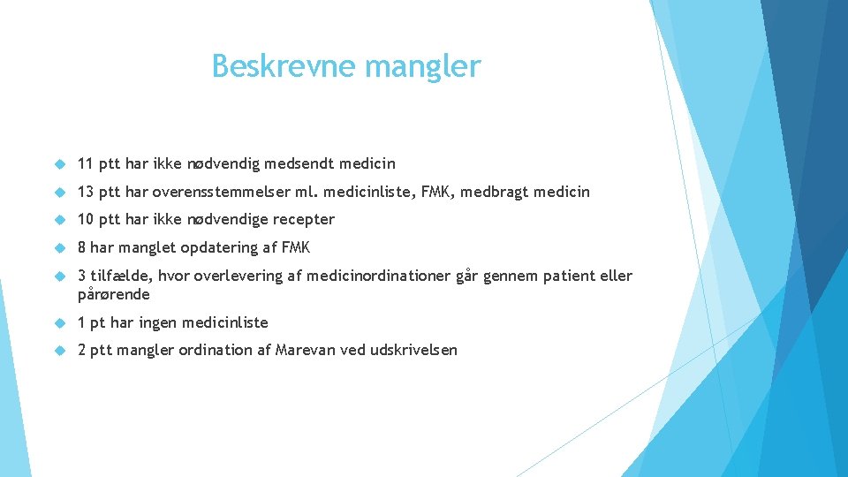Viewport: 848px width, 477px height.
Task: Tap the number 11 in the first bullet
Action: coord(86,163)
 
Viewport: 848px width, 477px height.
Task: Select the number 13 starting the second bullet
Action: coord(86,192)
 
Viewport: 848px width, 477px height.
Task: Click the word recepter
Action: coord(302,219)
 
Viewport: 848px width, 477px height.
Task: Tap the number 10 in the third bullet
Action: coord(86,219)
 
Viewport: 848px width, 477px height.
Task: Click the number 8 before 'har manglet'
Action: coord(81,247)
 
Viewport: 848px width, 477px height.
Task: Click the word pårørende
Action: coord(113,294)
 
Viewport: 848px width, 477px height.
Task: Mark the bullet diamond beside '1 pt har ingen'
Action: coord(60,323)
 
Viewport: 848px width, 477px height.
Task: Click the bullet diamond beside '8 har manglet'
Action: coord(60,248)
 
